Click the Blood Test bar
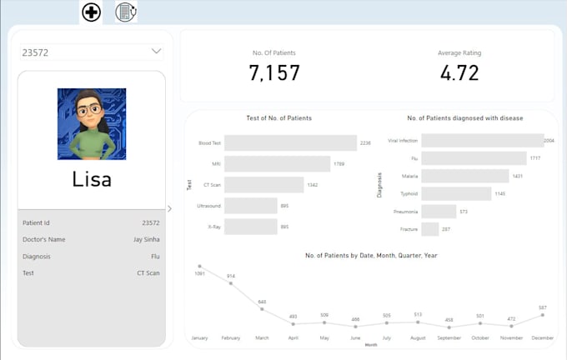coord(290,142)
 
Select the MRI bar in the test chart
coord(277,164)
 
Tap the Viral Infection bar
coord(482,141)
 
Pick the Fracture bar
coord(430,229)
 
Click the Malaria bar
coord(464,176)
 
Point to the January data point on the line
coord(199,267)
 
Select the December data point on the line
coord(543,315)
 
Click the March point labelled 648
coord(262,309)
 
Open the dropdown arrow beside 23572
coord(157,52)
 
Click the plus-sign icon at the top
coord(92,12)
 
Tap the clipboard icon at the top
coord(125,12)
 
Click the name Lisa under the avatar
coord(92,179)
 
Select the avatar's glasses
coord(90,109)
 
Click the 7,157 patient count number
coord(274,73)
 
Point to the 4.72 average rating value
coord(459,73)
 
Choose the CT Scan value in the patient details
coord(148,272)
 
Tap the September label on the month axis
coord(449,337)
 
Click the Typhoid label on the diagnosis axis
coord(409,193)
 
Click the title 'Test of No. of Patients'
coord(279,118)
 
